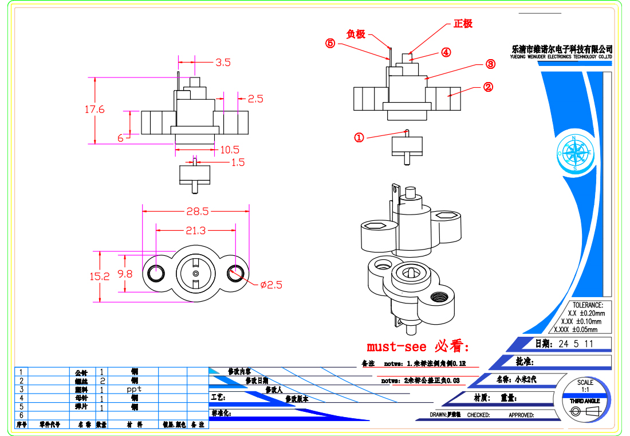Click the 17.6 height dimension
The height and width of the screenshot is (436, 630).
94,109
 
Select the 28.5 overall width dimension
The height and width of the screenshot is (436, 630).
196,211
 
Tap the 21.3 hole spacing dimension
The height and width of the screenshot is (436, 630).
195,231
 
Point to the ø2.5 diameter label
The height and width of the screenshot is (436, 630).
271,285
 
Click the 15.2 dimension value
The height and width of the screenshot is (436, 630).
99,276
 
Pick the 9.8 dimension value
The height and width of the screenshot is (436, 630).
125,274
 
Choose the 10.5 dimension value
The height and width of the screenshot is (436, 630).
230,150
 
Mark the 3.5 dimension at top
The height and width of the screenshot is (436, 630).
223,63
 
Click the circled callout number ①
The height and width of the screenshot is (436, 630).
359,138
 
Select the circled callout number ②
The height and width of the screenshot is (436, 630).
488,87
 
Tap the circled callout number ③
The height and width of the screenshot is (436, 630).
490,64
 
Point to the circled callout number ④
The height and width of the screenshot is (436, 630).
446,52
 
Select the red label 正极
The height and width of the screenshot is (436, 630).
463,24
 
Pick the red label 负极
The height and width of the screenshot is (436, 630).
356,34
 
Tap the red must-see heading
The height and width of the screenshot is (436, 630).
418,347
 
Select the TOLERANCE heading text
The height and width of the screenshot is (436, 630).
588,305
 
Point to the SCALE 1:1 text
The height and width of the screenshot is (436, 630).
585,386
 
